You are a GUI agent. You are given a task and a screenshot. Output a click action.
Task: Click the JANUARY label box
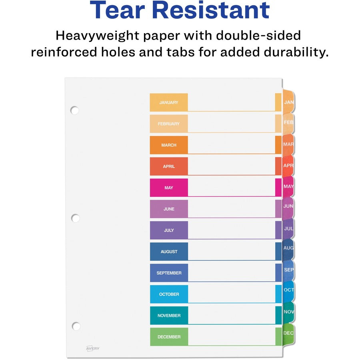[169, 102]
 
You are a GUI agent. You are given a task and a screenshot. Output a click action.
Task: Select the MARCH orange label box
[169, 145]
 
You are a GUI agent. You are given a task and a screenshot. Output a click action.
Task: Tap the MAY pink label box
[169, 188]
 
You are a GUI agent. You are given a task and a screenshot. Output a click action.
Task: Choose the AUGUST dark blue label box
[169, 252]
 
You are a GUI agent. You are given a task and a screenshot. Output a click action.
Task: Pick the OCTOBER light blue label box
[169, 294]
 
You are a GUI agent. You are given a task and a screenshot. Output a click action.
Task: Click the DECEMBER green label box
[169, 337]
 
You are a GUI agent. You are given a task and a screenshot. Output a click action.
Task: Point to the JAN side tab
[288, 102]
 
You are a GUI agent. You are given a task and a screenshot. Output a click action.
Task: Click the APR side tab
[288, 165]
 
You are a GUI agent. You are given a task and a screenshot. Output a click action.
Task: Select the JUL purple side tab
[288, 229]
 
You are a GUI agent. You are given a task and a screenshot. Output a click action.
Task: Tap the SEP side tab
[288, 270]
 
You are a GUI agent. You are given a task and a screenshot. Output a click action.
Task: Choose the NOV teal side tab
[288, 312]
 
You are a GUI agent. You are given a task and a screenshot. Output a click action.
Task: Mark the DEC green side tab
[288, 333]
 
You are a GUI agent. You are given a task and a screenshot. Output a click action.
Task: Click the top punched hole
[74, 110]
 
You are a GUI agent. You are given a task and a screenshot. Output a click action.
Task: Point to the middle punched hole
[75, 218]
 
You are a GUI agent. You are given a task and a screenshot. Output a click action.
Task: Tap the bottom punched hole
[76, 326]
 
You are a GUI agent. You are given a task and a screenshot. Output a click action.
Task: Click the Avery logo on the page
[93, 348]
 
